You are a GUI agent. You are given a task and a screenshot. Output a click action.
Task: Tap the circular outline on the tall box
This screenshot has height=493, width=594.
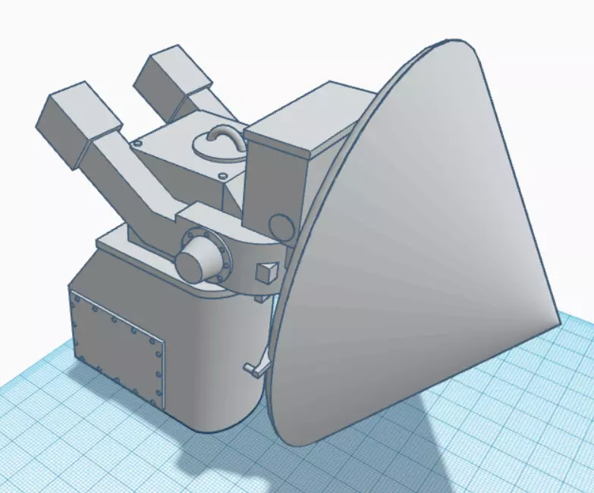point(281,226)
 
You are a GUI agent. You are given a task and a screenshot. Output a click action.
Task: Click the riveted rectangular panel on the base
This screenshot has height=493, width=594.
point(118,348)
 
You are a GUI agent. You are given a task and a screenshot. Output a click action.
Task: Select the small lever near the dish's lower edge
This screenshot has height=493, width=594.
point(255,368)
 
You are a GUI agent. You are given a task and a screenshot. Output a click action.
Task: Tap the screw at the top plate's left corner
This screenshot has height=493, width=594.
point(137,143)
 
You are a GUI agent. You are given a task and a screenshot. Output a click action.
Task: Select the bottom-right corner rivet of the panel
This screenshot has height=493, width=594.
point(158,400)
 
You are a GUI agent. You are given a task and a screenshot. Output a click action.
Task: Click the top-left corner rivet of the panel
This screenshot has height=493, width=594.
point(74,297)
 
